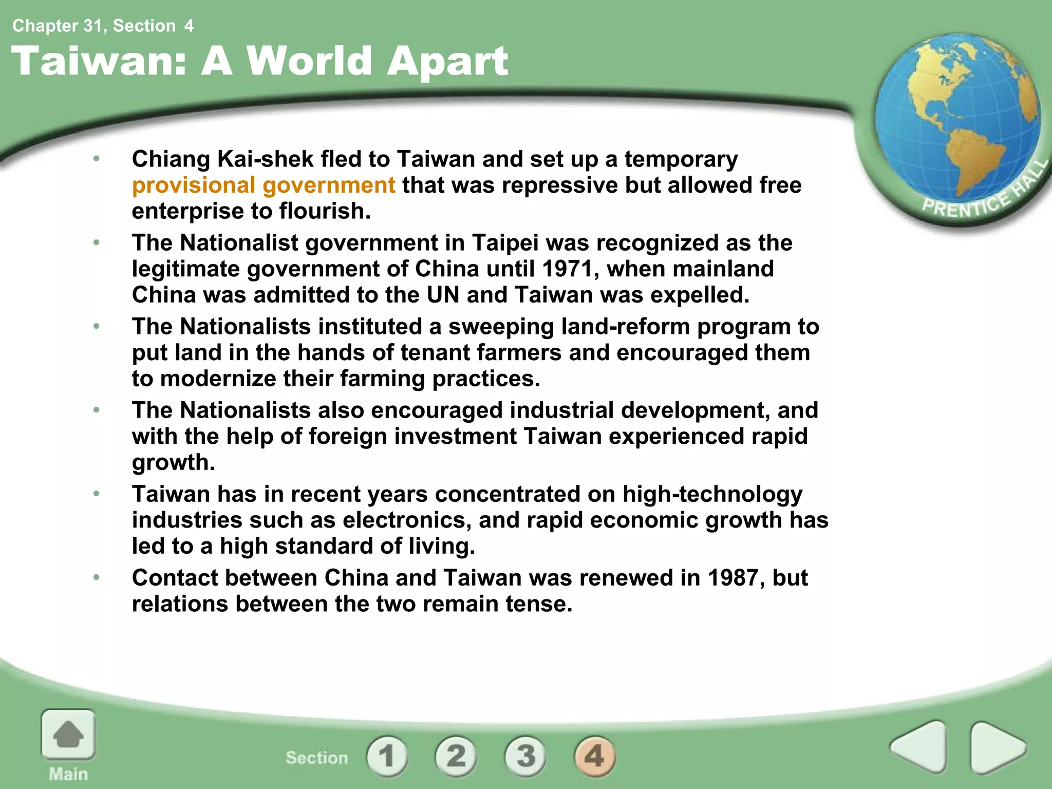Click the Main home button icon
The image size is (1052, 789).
pyautogui.click(x=68, y=735)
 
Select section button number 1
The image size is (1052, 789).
pyautogui.click(x=387, y=756)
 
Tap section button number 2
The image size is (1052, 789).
pyautogui.click(x=456, y=756)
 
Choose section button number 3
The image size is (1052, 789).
pyautogui.click(x=525, y=756)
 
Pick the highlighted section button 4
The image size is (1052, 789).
pyautogui.click(x=594, y=756)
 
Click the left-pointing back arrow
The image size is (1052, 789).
pyautogui.click(x=919, y=747)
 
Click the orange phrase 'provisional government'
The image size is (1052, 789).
pyautogui.click(x=264, y=185)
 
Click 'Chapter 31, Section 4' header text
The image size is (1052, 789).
pyautogui.click(x=103, y=26)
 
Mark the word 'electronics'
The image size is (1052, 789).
pyautogui.click(x=407, y=520)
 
